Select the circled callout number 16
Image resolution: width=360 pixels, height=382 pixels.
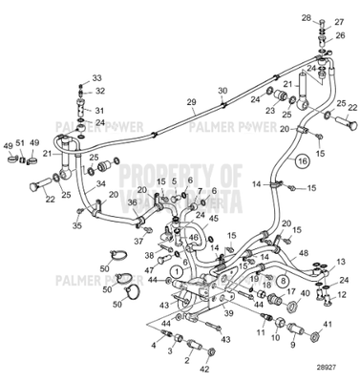pyautogui.click(x=303, y=162)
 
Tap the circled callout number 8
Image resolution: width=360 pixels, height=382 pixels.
pyautogui.click(x=283, y=280)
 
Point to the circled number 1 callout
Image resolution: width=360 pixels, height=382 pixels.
pyautogui.click(x=175, y=272)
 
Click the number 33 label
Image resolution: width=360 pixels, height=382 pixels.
pyautogui.click(x=95, y=77)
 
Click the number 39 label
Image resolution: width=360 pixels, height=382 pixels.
pyautogui.click(x=228, y=312)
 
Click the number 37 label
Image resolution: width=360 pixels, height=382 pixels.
pyautogui.click(x=138, y=229)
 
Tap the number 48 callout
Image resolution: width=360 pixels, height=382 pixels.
pyautogui.click(x=303, y=252)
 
